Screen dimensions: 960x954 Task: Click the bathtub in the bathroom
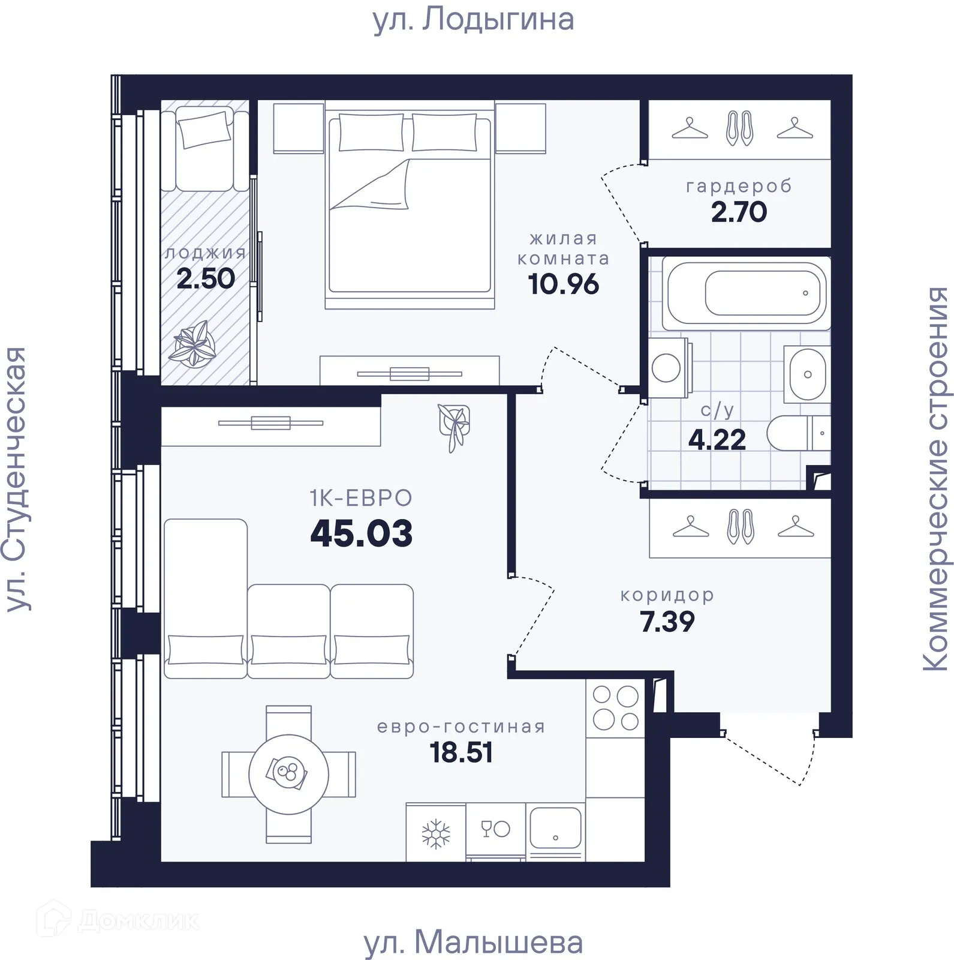click(747, 293)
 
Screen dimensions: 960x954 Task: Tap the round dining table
click(288, 774)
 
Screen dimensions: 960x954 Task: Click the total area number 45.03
click(362, 533)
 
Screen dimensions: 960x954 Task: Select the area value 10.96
click(563, 284)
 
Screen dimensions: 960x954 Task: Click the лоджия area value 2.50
click(206, 279)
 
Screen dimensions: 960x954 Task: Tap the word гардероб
click(739, 186)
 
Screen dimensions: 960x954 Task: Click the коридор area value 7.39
click(667, 622)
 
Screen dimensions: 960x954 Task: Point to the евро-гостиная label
click(461, 727)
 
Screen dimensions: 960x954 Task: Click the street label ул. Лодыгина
click(474, 19)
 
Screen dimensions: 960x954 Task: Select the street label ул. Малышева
click(474, 943)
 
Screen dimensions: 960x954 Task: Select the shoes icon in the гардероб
click(739, 128)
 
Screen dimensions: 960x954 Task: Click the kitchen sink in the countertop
click(555, 829)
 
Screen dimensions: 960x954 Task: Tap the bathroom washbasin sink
click(807, 374)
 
